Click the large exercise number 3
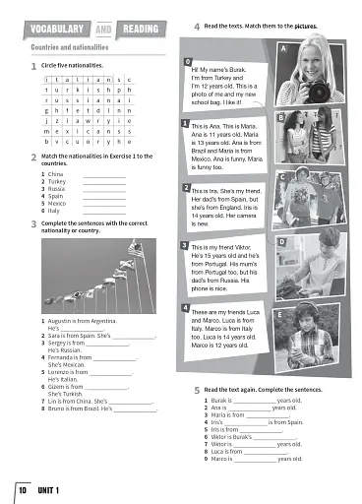[x=33, y=225]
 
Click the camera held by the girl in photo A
[x=297, y=89]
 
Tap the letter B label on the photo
[x=282, y=117]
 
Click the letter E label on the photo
[x=283, y=314]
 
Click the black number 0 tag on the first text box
[x=188, y=62]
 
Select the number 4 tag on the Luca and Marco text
[x=186, y=308]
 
